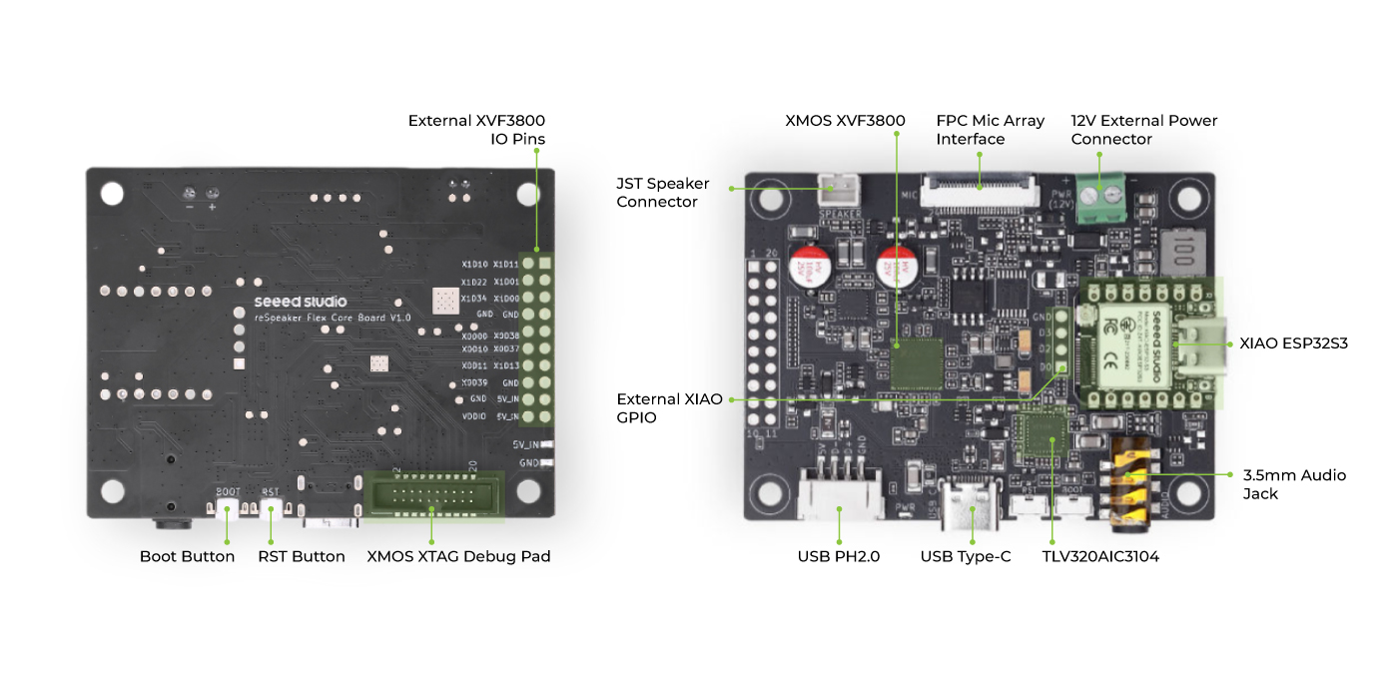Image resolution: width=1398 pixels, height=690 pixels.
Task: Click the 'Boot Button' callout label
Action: pyautogui.click(x=187, y=556)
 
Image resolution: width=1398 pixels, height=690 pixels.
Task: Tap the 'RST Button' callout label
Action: pyautogui.click(x=302, y=556)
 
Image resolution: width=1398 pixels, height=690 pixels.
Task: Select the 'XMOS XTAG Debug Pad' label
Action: pyautogui.click(x=458, y=556)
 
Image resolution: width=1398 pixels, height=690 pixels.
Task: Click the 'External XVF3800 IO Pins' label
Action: pyautogui.click(x=476, y=130)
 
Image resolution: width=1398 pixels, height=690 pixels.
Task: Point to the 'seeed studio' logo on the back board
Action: pyautogui.click(x=301, y=301)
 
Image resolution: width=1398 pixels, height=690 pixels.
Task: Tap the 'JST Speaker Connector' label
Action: pyautogui.click(x=663, y=193)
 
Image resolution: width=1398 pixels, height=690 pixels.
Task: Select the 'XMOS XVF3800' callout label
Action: pyautogui.click(x=845, y=121)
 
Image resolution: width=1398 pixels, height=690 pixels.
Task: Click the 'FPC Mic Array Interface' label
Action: pyautogui.click(x=990, y=130)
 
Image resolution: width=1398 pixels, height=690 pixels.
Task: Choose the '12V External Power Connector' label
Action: pyautogui.click(x=1144, y=130)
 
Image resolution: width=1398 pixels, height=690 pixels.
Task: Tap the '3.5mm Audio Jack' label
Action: pyautogui.click(x=1294, y=484)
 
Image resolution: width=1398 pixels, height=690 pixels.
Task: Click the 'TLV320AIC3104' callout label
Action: pyautogui.click(x=1100, y=556)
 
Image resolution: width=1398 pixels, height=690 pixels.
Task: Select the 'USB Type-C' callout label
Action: pyautogui.click(x=966, y=556)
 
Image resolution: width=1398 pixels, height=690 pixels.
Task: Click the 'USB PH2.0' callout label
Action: pyautogui.click(x=839, y=556)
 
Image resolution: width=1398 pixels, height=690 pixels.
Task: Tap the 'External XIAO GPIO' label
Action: pyautogui.click(x=669, y=407)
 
